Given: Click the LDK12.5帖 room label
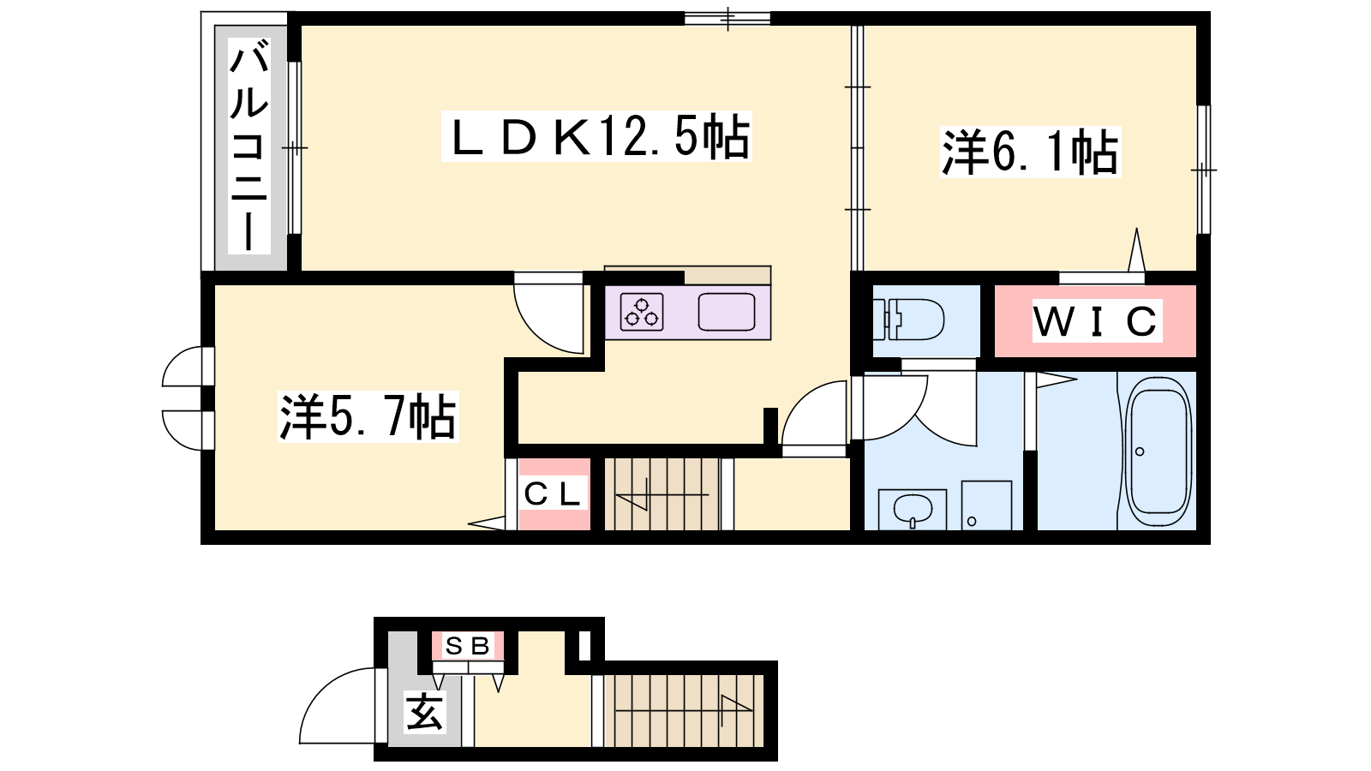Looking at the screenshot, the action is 596,136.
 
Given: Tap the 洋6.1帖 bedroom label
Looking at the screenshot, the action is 1030,152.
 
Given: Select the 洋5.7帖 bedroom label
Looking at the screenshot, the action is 368,416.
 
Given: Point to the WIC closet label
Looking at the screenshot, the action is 1096,320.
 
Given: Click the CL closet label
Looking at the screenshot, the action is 553,494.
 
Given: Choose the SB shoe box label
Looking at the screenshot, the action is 468,646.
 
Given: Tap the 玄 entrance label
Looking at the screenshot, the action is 424,711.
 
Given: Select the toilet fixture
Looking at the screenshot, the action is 908,319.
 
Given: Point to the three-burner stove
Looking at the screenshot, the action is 642,312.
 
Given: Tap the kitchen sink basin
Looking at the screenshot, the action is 727,312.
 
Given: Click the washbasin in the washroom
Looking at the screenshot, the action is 913,509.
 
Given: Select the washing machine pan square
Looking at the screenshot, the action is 986,505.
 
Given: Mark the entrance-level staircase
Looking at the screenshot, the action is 684,710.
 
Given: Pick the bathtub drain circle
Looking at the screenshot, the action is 1139,451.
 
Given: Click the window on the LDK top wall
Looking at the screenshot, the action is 727,18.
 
